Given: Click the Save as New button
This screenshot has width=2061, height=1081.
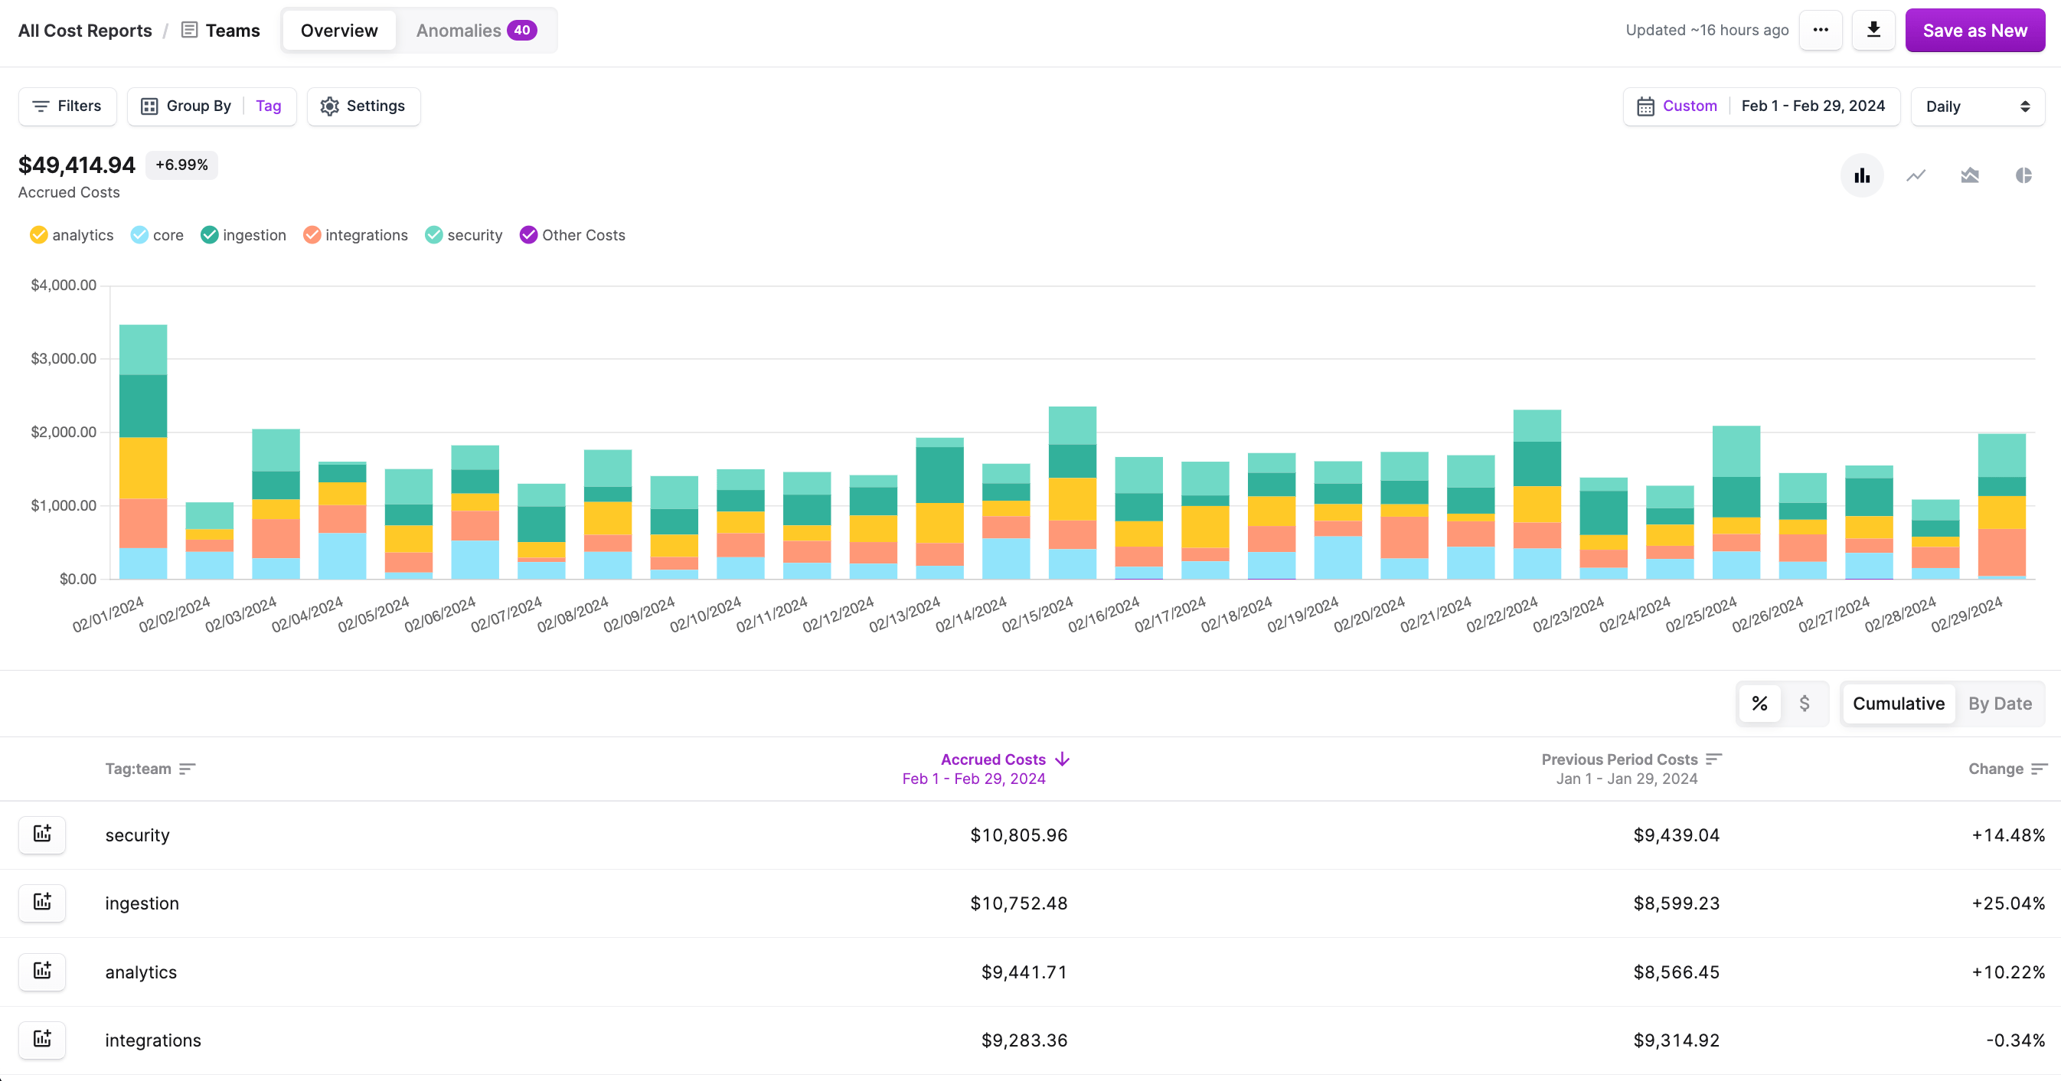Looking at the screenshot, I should [x=1974, y=31].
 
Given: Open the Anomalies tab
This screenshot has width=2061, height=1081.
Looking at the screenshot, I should [x=475, y=31].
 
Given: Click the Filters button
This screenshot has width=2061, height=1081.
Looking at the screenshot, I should [x=67, y=106].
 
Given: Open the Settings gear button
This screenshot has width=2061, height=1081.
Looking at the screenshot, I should [x=363, y=106].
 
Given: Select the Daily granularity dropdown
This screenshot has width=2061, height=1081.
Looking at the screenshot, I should [x=1976, y=106].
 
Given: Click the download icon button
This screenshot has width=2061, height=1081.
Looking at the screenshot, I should [x=1873, y=31].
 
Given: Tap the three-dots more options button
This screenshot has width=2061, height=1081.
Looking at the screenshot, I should [x=1820, y=31].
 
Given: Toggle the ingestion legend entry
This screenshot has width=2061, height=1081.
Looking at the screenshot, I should [x=243, y=235].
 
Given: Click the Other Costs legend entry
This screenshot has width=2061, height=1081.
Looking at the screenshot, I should [x=572, y=235].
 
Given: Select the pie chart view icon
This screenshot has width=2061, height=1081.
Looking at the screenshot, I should [x=2023, y=175].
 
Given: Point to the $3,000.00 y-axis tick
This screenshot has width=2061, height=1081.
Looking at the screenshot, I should [x=64, y=358].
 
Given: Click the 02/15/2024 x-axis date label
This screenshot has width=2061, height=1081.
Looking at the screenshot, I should [x=1037, y=615].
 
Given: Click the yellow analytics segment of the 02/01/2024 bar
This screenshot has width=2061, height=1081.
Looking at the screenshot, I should [x=143, y=468].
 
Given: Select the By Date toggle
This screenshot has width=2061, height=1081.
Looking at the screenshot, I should [x=2000, y=704].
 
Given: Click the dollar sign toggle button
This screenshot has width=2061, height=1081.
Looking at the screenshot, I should [x=1805, y=704].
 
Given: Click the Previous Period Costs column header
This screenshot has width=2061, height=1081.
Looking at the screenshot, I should [x=1620, y=759].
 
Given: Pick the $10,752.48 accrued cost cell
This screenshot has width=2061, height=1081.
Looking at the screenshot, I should [x=1018, y=903].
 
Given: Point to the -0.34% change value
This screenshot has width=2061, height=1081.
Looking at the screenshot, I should [x=2014, y=1040].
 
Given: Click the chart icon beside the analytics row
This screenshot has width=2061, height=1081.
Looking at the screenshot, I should [x=42, y=972].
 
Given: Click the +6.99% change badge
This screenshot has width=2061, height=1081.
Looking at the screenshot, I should [x=181, y=165].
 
